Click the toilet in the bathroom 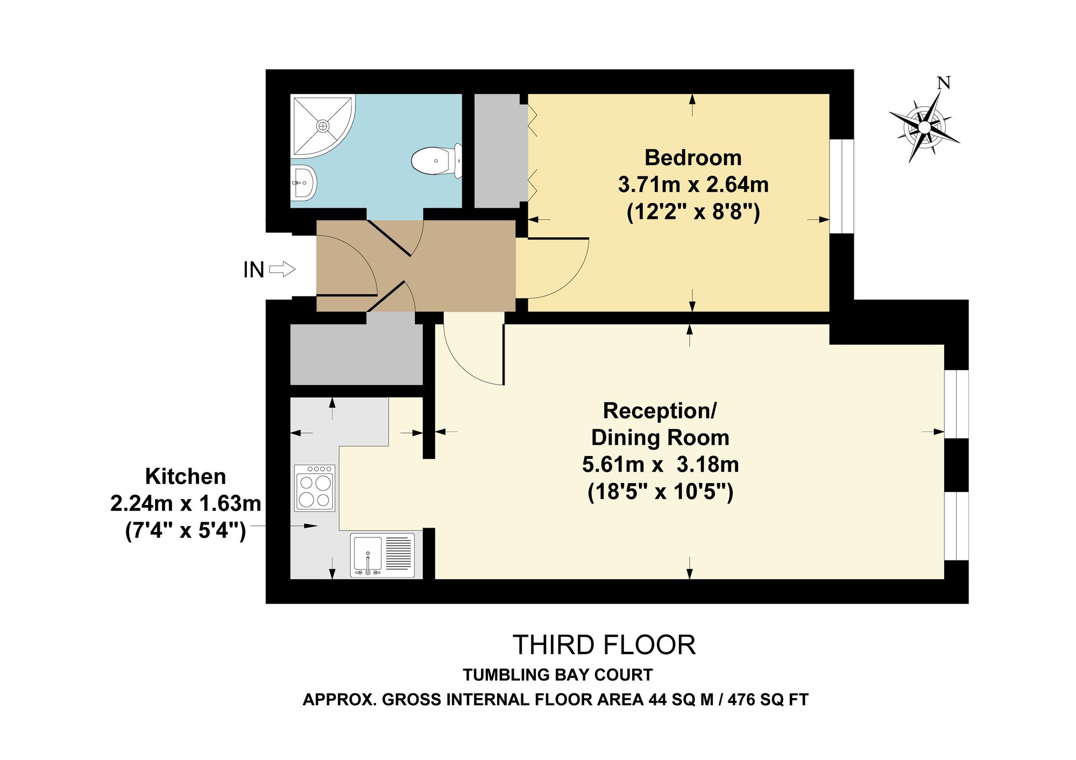click(x=437, y=160)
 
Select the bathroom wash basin click(x=303, y=183)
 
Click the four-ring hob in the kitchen click(x=315, y=488)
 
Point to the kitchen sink click(x=383, y=555)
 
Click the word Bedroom click(x=693, y=158)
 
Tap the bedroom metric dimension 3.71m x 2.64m click(x=693, y=184)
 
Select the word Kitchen click(x=186, y=477)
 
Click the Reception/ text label click(x=660, y=411)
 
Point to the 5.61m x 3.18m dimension click(x=660, y=464)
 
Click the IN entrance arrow click(x=282, y=269)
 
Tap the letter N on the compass click(x=944, y=83)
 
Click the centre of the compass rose click(x=924, y=127)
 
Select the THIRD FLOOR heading click(x=604, y=645)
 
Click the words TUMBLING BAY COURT click(x=558, y=674)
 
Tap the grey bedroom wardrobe click(x=500, y=151)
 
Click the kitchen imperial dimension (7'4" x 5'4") click(x=186, y=531)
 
